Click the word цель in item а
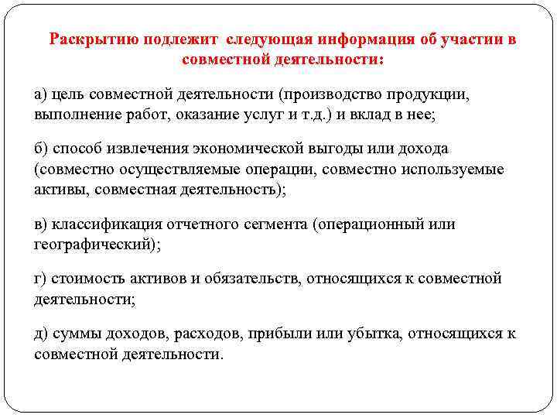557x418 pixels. point(68,94)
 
